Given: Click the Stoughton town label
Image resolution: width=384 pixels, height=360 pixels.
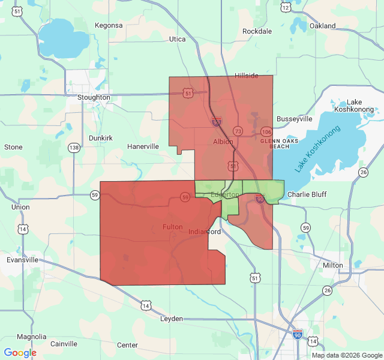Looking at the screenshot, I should (94, 97).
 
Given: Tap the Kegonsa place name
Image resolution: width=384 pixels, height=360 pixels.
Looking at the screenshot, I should (109, 25).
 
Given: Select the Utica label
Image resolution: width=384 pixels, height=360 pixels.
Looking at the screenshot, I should (178, 39).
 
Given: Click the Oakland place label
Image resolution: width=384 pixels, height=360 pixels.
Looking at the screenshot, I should (322, 26).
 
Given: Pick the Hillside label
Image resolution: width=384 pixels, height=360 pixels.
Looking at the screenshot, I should (246, 76).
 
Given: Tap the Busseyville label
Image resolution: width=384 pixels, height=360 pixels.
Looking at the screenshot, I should (294, 119).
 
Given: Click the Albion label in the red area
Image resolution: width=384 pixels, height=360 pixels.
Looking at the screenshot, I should (223, 142).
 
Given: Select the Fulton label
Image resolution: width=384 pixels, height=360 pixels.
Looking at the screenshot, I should (173, 227).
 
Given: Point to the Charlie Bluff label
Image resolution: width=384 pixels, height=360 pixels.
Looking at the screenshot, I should (307, 194).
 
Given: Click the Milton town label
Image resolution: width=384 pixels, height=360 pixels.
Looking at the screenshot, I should (333, 265).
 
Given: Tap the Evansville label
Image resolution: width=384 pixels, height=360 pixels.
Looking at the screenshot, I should (22, 260).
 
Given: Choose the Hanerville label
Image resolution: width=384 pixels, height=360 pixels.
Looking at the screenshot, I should (143, 146).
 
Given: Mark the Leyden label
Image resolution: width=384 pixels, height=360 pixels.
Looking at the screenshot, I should (171, 319).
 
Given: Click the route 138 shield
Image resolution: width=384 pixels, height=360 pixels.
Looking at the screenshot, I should (74, 148).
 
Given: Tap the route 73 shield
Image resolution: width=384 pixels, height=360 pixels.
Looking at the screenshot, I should (238, 131).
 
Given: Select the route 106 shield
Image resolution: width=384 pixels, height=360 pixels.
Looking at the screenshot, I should (266, 131).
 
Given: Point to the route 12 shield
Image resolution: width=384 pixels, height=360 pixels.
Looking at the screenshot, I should (286, 7).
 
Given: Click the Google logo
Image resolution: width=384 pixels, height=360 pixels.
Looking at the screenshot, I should (20, 353).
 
